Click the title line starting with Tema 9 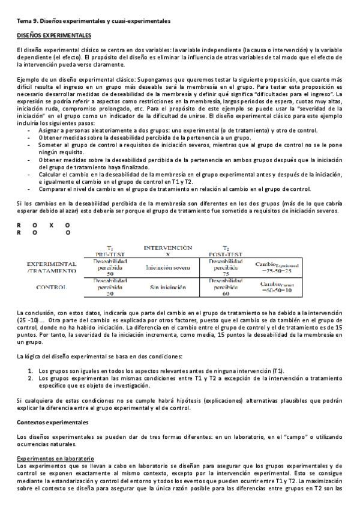coord(93,21)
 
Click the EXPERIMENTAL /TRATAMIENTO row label coord(52,268)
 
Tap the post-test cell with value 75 coord(226,268)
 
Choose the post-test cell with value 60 coord(226,287)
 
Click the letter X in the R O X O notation coord(51,225)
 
